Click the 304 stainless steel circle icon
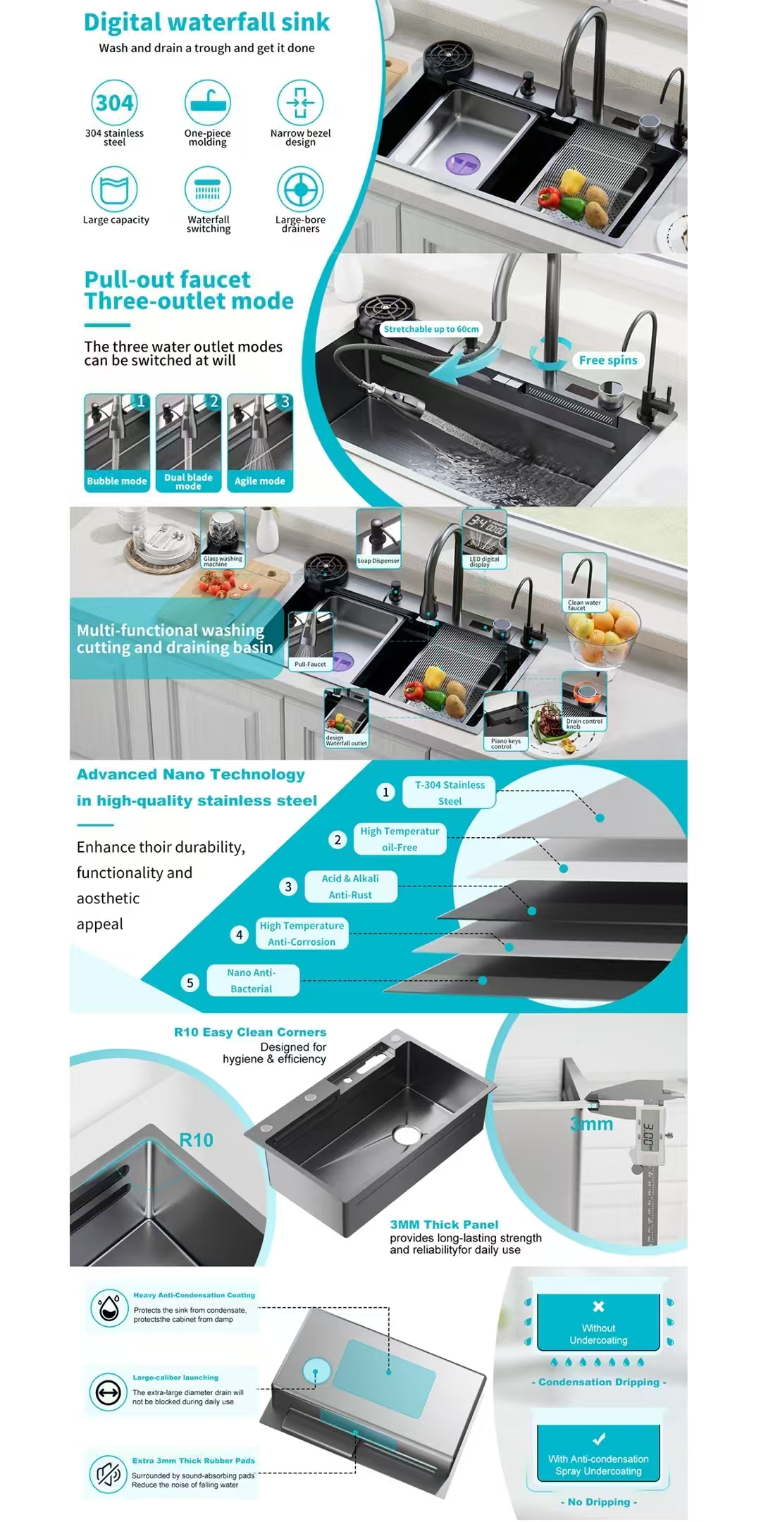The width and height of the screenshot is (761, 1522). click(x=114, y=103)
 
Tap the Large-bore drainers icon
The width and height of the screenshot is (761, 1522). click(x=300, y=190)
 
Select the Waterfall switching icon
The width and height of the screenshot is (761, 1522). click(x=207, y=190)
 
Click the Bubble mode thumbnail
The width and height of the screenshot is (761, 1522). click(x=117, y=442)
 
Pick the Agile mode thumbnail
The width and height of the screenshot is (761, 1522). click(x=259, y=442)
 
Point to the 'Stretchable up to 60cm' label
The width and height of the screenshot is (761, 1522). click(x=431, y=329)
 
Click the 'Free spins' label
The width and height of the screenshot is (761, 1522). click(x=607, y=360)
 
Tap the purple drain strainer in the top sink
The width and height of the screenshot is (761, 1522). click(x=463, y=164)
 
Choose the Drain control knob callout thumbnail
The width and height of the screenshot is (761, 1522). click(x=584, y=701)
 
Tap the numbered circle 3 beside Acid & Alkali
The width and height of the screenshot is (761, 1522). click(x=287, y=886)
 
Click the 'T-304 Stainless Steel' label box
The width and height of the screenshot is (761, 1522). click(x=450, y=793)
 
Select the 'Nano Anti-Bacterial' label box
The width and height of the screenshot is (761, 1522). click(x=252, y=980)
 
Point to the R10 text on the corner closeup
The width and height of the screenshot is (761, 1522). click(x=196, y=1140)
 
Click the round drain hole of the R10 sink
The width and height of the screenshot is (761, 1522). click(x=407, y=1134)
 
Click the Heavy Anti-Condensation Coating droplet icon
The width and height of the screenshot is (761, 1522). click(x=109, y=1308)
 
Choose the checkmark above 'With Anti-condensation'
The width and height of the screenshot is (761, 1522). click(x=599, y=1439)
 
